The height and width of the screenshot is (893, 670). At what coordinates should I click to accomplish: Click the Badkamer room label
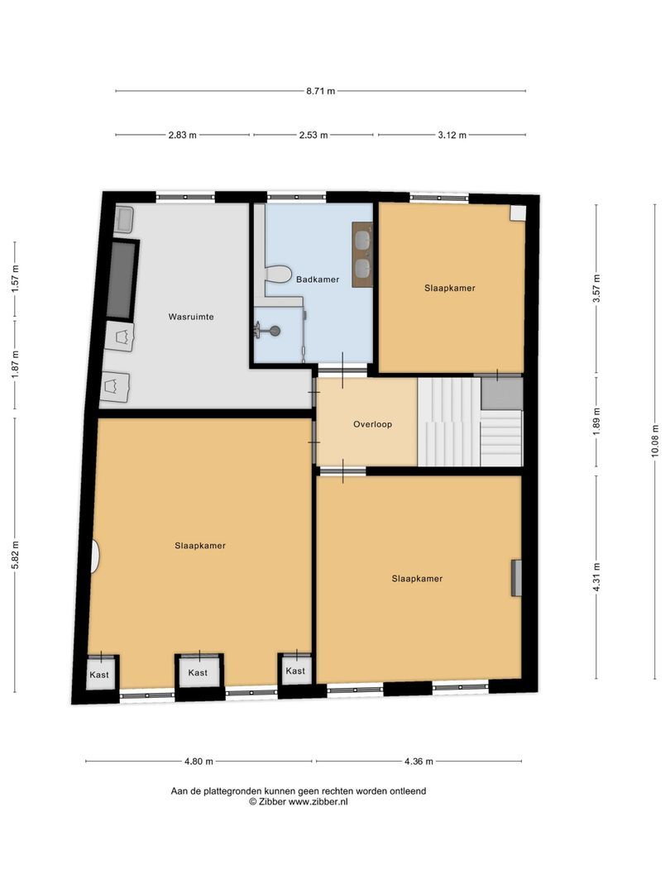pos(318,279)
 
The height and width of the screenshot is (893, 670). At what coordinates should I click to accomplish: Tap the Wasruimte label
pos(191,317)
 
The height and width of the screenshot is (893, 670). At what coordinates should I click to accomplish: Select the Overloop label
pos(372,424)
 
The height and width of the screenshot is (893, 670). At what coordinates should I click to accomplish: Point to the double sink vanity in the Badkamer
pos(361,254)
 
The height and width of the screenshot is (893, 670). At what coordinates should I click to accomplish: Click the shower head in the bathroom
pos(275,330)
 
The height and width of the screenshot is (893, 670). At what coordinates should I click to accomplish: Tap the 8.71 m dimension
pos(321,91)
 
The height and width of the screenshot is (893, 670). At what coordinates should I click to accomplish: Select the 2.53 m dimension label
pos(313,135)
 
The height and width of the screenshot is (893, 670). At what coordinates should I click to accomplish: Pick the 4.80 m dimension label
pos(199,761)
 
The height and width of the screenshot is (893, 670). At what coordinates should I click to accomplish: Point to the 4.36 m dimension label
pos(419,761)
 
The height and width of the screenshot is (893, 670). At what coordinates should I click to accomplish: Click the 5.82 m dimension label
pos(16,554)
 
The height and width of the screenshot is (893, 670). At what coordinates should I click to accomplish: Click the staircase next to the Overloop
pos(470,422)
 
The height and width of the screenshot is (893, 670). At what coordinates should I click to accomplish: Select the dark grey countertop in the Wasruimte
pos(122,279)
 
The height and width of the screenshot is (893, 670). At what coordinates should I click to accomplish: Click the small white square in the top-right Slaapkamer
pos(517,213)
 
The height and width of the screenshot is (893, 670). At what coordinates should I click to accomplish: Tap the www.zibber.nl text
pos(318,801)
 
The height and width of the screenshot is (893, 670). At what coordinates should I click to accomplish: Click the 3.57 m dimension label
pos(596,289)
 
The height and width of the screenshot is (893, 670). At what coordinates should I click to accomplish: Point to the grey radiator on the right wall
pos(516,578)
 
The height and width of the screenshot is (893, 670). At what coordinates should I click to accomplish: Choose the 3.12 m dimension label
pos(452,135)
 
